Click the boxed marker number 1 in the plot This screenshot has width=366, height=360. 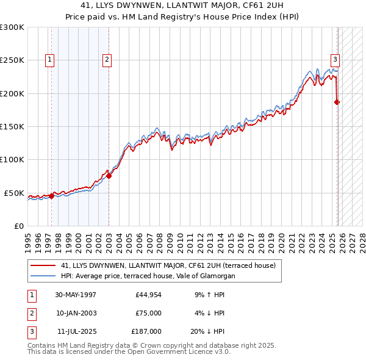49,60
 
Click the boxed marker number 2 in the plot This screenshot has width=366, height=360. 107,60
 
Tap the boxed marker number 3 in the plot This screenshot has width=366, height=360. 335,60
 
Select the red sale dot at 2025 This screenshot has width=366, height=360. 337,103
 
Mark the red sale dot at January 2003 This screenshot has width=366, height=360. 109,176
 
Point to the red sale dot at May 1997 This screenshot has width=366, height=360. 52,196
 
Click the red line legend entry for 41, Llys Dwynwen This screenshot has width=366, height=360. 168,265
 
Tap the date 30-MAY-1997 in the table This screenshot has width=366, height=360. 76,295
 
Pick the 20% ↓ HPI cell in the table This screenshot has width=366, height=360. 207,331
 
